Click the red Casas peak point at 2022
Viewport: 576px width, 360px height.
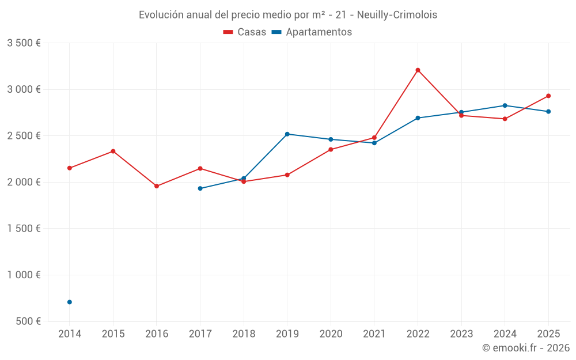[418, 70]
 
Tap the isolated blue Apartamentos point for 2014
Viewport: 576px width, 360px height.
[70, 302]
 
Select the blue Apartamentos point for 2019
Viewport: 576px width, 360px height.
[287, 134]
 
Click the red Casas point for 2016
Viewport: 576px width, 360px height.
[157, 186]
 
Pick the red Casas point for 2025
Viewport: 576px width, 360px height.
[548, 96]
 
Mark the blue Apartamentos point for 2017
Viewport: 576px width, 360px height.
[200, 188]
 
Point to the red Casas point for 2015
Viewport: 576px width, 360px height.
[113, 151]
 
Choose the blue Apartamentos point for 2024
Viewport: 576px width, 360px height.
[505, 105]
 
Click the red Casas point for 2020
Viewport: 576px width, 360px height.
[331, 149]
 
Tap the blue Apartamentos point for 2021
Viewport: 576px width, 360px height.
[374, 143]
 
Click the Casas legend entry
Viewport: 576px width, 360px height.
[245, 32]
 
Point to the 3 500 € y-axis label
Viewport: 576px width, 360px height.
[24, 43]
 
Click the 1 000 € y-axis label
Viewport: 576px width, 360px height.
[24, 275]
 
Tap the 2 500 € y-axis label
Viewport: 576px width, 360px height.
[24, 136]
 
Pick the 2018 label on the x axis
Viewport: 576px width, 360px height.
[244, 334]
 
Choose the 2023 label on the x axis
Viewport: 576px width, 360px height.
[461, 334]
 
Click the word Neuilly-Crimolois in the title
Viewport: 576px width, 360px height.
[397, 15]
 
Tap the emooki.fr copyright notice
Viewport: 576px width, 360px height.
[525, 348]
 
